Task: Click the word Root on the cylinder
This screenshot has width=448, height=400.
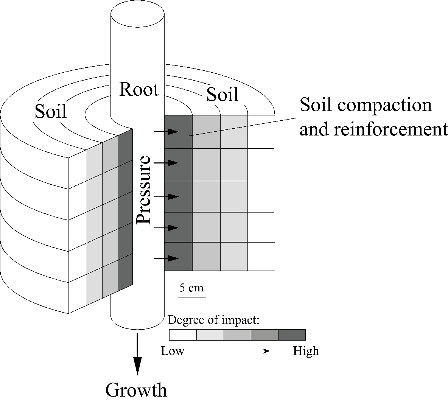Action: pos(138,90)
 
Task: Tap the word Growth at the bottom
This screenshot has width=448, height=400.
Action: pos(136,389)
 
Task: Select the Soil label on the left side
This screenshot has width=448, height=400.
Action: pos(51,111)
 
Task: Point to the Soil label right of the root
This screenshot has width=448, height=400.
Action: pos(222,95)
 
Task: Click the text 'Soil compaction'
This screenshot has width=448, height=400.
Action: pos(366,104)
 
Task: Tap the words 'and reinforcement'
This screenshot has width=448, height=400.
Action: pos(373,129)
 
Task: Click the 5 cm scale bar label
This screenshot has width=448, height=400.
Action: pos(191,288)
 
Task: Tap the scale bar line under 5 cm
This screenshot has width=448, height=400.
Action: pos(192,298)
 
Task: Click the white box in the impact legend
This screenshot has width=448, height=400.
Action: pos(183,335)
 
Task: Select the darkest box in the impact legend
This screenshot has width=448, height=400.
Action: pos(292,335)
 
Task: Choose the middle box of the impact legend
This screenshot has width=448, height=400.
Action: pos(237,335)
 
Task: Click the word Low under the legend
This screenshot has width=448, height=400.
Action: pos(173,351)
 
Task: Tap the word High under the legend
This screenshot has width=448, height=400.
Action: pos(306,351)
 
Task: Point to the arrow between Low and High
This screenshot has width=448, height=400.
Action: pos(243,351)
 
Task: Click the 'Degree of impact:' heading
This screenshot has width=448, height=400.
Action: pos(213,320)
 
